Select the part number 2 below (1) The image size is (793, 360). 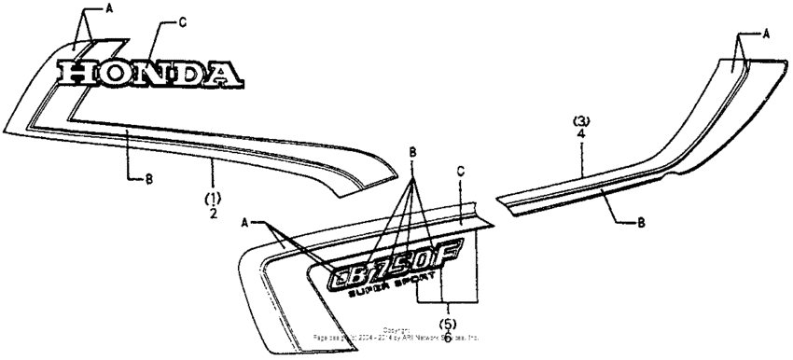click(214, 214)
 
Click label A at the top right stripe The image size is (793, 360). click(766, 33)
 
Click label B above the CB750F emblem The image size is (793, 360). click(412, 151)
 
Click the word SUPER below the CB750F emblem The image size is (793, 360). click(367, 292)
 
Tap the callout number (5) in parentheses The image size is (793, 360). click(449, 323)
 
